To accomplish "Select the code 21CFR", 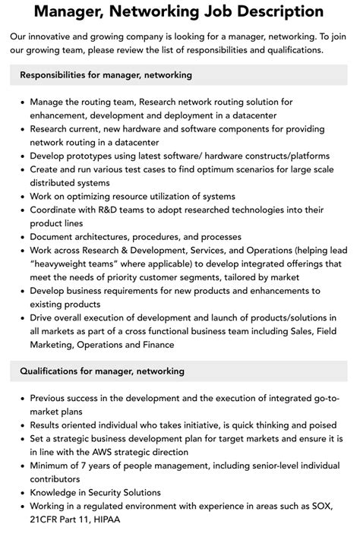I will (46, 521).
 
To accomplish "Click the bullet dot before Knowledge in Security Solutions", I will (22, 494).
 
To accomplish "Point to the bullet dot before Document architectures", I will (22, 238).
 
